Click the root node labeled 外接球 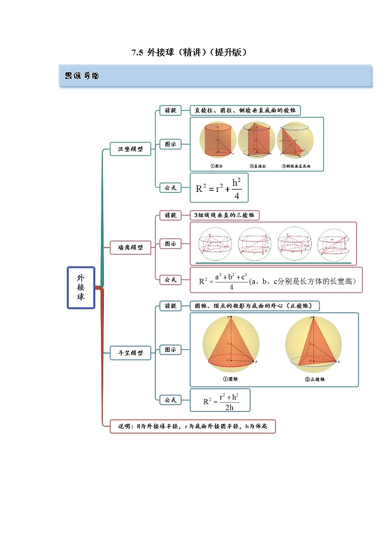click(x=80, y=288)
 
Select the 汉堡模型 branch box click(x=130, y=149)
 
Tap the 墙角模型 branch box click(x=130, y=248)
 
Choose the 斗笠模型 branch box click(x=130, y=353)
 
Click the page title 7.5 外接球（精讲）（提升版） click(x=190, y=53)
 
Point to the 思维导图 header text click(x=82, y=76)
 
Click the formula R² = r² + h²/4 click(x=218, y=188)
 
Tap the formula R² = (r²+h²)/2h click(x=220, y=400)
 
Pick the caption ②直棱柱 click(x=258, y=166)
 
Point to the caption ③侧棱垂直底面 click(x=296, y=166)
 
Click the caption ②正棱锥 click(x=315, y=380)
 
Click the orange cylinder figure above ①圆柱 click(x=218, y=140)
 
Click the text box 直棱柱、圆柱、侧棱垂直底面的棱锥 click(x=245, y=110)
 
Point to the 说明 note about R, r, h click(x=192, y=426)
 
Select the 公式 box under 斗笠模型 click(x=170, y=400)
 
